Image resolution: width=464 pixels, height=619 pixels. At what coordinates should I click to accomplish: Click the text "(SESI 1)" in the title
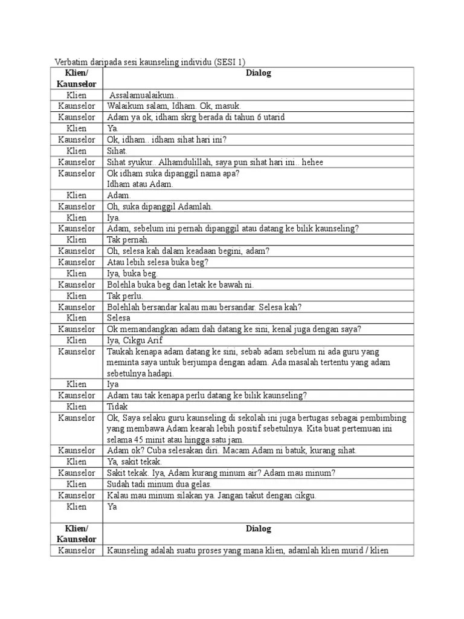pyautogui.click(x=230, y=62)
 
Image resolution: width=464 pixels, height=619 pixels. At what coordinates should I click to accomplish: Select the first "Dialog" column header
pyautogui.click(x=259, y=73)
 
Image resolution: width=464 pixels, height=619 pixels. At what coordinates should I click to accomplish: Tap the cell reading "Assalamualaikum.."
pyautogui.click(x=144, y=96)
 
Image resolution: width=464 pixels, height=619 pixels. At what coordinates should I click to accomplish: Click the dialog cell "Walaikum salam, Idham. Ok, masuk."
pyautogui.click(x=166, y=106)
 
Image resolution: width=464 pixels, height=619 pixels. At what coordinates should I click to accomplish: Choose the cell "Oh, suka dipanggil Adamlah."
pyautogui.click(x=160, y=207)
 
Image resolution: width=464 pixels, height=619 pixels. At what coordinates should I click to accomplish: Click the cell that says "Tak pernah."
pyautogui.click(x=127, y=240)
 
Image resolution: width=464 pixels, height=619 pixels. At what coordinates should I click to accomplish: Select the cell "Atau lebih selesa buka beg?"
pyautogui.click(x=158, y=262)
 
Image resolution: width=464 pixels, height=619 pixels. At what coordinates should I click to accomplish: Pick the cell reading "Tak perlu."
pyautogui.click(x=125, y=296)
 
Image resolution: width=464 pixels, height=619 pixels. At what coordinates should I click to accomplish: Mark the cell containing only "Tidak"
pyautogui.click(x=118, y=406)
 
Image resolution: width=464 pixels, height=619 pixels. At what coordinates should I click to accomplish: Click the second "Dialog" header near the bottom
pyautogui.click(x=259, y=529)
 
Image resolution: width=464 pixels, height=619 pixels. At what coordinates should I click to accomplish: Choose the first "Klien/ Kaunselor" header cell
pyautogui.click(x=77, y=79)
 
